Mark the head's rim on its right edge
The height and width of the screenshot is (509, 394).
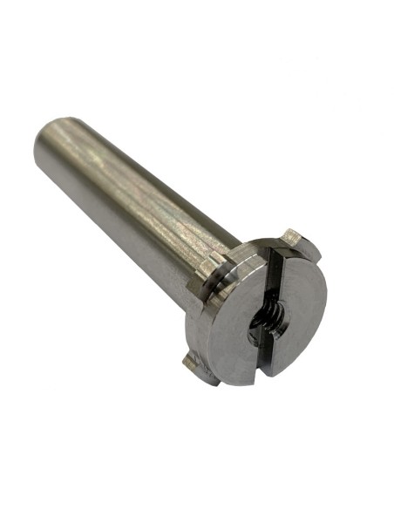coord(323,296)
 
